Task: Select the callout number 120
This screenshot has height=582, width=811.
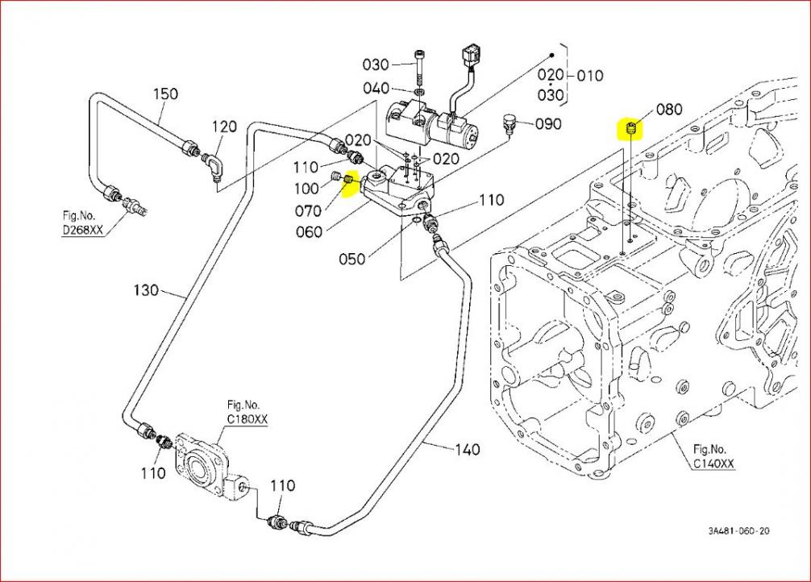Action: [225, 126]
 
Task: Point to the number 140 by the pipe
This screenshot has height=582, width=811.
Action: [467, 449]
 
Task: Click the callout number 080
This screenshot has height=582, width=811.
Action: [669, 109]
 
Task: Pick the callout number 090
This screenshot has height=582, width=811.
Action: [548, 124]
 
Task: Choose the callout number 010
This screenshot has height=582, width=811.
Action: [589, 76]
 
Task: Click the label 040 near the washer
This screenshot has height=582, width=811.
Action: [376, 88]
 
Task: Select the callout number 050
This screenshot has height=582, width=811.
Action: [351, 259]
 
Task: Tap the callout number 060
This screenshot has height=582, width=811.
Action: [309, 232]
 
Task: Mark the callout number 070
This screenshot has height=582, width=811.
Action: [309, 212]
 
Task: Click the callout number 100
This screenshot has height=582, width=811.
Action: [306, 189]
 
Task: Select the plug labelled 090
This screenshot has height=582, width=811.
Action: [508, 122]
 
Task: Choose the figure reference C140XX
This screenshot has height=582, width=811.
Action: [713, 463]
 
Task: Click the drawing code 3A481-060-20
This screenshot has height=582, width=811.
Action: [739, 530]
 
